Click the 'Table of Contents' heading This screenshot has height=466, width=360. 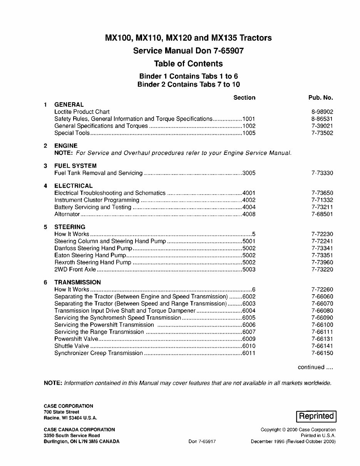click(x=188, y=64)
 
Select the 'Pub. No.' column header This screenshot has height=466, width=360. click(x=320, y=97)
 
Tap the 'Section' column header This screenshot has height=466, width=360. click(x=244, y=97)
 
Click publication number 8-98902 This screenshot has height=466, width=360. click(x=322, y=112)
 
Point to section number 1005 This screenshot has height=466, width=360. click(x=249, y=133)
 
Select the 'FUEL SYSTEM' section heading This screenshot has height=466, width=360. click(x=75, y=166)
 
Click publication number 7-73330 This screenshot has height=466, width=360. click(x=322, y=173)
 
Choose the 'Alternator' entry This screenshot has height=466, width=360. click(x=67, y=214)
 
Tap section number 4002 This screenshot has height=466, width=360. click(x=249, y=200)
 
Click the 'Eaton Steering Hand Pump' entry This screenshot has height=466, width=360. click(x=90, y=255)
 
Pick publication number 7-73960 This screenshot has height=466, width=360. click(x=322, y=262)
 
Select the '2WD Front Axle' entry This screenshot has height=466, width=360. click(x=75, y=270)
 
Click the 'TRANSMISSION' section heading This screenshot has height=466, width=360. click(x=77, y=282)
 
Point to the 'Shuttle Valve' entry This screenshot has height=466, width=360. click(x=72, y=346)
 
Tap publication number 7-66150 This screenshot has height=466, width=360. click(x=322, y=353)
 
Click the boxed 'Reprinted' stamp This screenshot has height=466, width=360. click(x=316, y=416)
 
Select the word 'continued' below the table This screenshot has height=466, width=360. click(x=311, y=367)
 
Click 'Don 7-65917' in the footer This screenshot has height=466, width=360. click(x=202, y=442)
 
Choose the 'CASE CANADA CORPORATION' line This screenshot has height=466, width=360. click(x=79, y=429)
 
